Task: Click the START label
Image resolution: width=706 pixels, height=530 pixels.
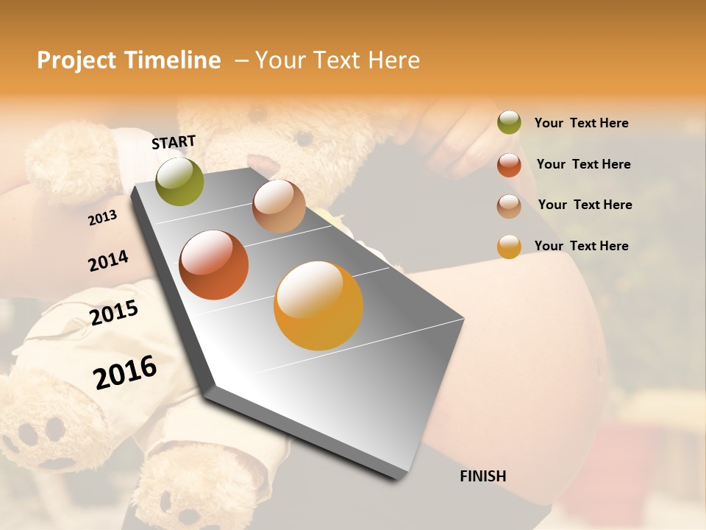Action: pyautogui.click(x=174, y=142)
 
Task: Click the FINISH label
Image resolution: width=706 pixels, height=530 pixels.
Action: pyautogui.click(x=483, y=476)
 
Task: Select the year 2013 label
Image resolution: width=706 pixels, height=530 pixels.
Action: pyautogui.click(x=102, y=218)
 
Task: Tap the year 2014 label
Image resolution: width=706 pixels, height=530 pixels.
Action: pyautogui.click(x=108, y=261)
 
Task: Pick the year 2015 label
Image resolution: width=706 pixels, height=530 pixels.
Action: pyautogui.click(x=114, y=313)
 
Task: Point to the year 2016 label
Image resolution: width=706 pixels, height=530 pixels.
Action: pyautogui.click(x=125, y=372)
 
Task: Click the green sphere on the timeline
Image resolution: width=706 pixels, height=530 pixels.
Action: pyautogui.click(x=180, y=181)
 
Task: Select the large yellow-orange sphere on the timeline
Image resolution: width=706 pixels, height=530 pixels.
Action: pyautogui.click(x=318, y=305)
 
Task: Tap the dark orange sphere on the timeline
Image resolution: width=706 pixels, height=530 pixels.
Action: pyautogui.click(x=214, y=265)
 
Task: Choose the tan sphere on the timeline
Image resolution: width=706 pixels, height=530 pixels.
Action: pyautogui.click(x=279, y=206)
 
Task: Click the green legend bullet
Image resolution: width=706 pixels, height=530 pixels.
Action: pyautogui.click(x=509, y=122)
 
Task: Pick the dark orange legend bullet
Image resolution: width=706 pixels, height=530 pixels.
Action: pyautogui.click(x=509, y=164)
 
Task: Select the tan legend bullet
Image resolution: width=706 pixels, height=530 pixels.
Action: pyautogui.click(x=509, y=205)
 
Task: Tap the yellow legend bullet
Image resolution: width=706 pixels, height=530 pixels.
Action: pyautogui.click(x=509, y=247)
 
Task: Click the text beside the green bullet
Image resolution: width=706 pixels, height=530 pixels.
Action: pyautogui.click(x=581, y=123)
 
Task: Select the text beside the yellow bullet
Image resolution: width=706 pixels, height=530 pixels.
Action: pyautogui.click(x=581, y=246)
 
